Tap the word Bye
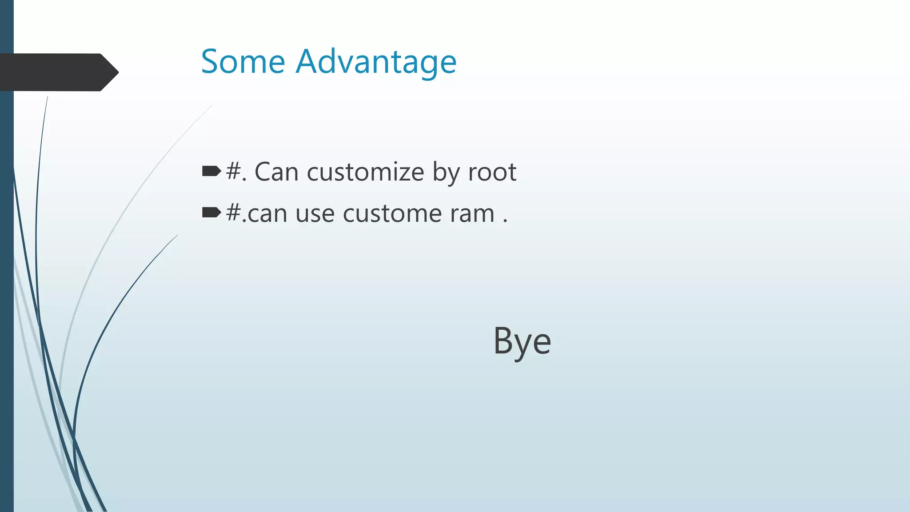point(522,341)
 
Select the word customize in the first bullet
point(365,172)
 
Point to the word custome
point(392,214)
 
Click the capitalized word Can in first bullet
point(276,172)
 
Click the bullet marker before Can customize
point(212,171)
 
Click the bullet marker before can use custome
point(212,212)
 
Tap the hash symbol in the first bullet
point(233,171)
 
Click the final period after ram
point(505,221)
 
